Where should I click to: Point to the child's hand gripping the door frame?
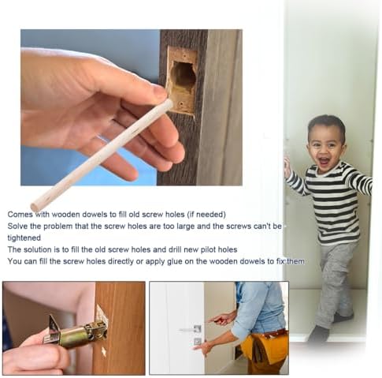point(287,165)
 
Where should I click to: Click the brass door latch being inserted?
point(75,331)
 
